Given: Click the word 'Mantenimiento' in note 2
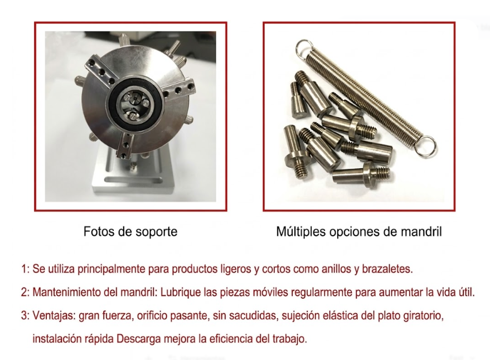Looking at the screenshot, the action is coord(66,292).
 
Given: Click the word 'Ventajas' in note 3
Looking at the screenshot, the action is coord(54,316).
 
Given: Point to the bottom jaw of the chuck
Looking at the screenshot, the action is coord(125,145).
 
